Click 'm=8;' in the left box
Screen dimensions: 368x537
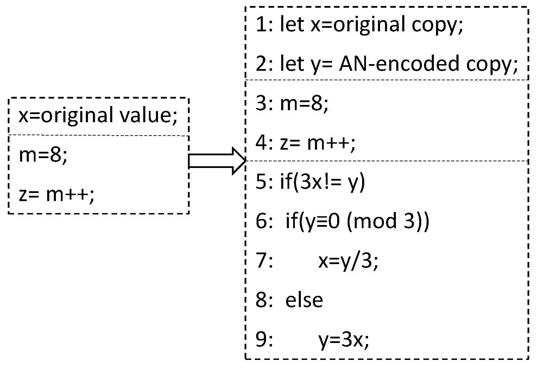43,155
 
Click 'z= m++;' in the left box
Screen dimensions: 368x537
57,195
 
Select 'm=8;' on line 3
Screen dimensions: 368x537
304,104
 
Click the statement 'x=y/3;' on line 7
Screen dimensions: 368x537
348,262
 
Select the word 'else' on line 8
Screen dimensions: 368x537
304,300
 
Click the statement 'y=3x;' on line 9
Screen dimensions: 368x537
344,340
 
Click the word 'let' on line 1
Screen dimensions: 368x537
292,25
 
